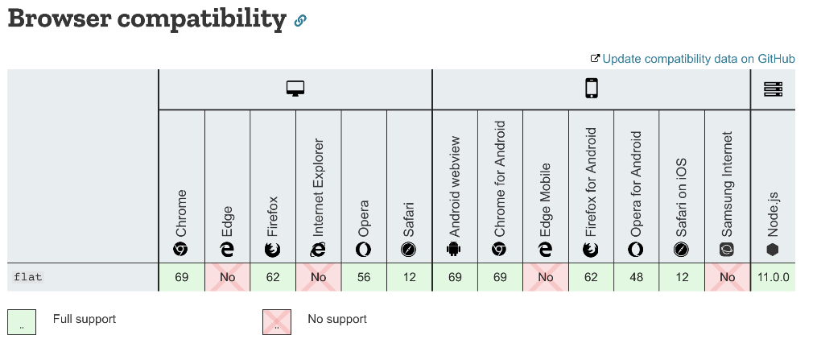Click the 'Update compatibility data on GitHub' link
pyautogui.click(x=698, y=59)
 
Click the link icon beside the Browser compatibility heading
pyautogui.click(x=300, y=21)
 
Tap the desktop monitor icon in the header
pyautogui.click(x=295, y=89)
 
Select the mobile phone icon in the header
pyautogui.click(x=592, y=89)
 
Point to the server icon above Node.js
pyautogui.click(x=773, y=89)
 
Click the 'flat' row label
pyautogui.click(x=28, y=277)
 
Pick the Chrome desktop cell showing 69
pyautogui.click(x=182, y=277)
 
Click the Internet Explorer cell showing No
pyautogui.click(x=319, y=277)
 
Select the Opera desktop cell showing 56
pyautogui.click(x=364, y=277)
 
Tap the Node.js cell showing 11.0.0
pyautogui.click(x=773, y=277)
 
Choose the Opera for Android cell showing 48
pyautogui.click(x=637, y=277)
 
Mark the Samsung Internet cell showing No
pyautogui.click(x=728, y=277)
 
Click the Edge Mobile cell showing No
pyautogui.click(x=546, y=277)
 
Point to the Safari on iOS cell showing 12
pyautogui.click(x=682, y=277)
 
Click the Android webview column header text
pyautogui.click(x=455, y=184)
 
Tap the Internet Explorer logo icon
pyautogui.click(x=319, y=250)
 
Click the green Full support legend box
pyautogui.click(x=23, y=321)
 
